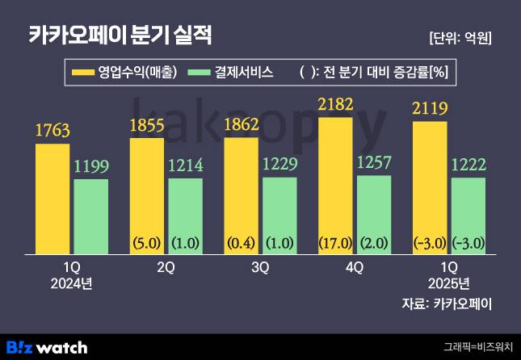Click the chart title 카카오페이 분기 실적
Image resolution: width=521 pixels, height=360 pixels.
tap(120, 35)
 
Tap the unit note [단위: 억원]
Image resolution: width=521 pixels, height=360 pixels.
tap(460, 37)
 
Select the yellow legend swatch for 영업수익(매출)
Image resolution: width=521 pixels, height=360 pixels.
tap(82, 73)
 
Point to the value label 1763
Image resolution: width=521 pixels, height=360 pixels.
tap(53, 129)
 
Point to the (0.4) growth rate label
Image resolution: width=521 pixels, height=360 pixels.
tap(242, 241)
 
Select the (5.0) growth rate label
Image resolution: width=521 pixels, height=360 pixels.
tap(147, 241)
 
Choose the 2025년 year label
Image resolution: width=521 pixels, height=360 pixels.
tap(449, 283)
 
